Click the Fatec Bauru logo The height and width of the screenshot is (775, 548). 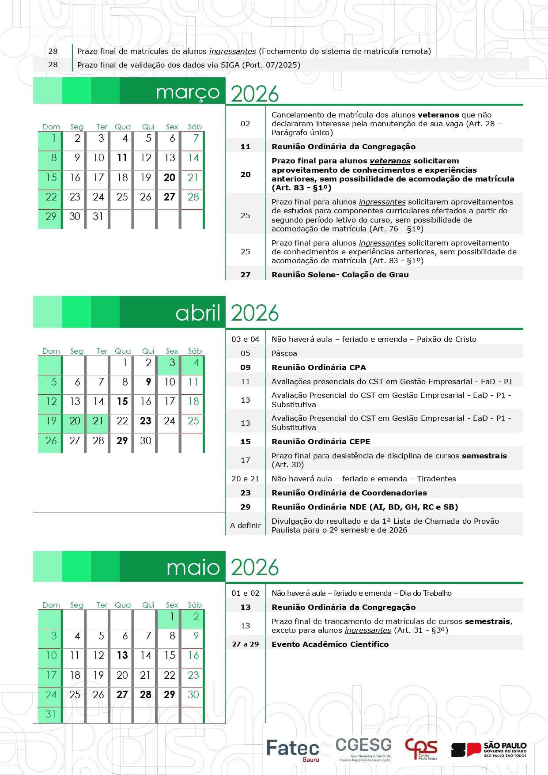click(292, 749)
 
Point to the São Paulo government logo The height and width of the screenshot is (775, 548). click(489, 749)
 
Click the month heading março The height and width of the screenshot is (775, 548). click(188, 92)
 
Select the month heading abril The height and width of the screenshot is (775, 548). click(198, 313)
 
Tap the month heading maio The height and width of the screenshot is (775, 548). click(193, 567)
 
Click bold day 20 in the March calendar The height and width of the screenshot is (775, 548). click(170, 178)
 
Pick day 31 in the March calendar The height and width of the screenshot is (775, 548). click(98, 216)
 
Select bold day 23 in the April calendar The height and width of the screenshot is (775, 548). click(146, 421)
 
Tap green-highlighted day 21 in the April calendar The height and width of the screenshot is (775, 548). click(98, 421)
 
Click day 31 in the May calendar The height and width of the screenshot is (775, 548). click(51, 714)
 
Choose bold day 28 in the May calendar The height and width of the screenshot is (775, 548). click(146, 695)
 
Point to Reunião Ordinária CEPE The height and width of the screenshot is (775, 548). click(321, 442)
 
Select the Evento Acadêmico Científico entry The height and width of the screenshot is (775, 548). click(330, 644)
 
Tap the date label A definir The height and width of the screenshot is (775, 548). click(246, 525)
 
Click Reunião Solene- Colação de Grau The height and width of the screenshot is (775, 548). click(340, 275)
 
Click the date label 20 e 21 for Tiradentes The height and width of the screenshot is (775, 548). click(246, 479)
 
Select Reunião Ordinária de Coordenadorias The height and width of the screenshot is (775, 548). click(349, 493)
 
